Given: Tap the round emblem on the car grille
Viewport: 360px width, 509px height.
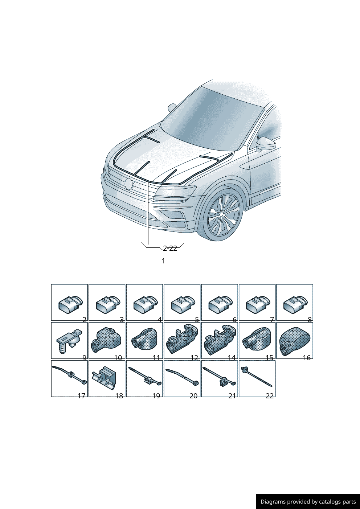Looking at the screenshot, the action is point(128,184).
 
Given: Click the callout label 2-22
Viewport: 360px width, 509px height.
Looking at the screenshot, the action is point(170,248).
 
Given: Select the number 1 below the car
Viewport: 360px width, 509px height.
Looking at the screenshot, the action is point(163,261).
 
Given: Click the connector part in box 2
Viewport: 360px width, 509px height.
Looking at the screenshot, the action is point(71,304).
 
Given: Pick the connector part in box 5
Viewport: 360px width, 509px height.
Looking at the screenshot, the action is point(183,304).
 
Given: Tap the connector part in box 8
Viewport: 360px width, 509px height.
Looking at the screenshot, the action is point(296,304).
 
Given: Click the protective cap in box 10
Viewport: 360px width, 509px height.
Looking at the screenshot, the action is point(105,341).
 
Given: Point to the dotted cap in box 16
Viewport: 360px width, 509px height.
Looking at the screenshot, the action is point(295,341).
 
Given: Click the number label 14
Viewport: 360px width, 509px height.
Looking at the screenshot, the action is point(232,358).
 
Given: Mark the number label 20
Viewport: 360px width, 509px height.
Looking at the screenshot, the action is point(193,396).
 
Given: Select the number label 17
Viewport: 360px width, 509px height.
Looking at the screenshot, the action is point(81,396).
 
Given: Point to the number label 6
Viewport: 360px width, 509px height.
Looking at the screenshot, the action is point(234,320).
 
